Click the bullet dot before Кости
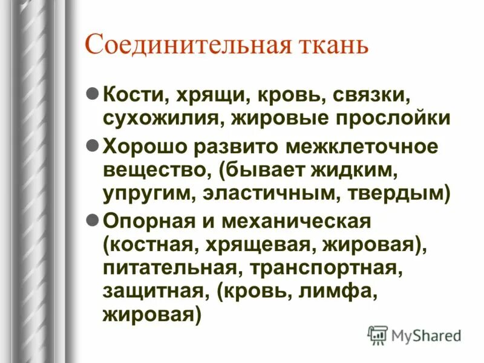(x=93, y=95)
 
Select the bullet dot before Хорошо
(x=93, y=146)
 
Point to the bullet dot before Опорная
(x=93, y=221)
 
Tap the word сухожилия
(x=164, y=118)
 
